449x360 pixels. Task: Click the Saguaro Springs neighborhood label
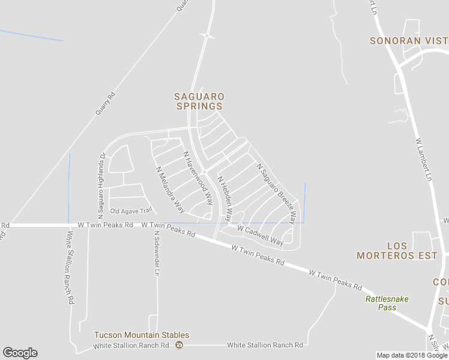pyautogui.click(x=199, y=101)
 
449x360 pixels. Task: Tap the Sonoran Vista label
pyautogui.click(x=409, y=41)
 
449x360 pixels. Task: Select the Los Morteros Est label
pyautogui.click(x=397, y=251)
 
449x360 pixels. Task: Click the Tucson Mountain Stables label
pyautogui.click(x=142, y=335)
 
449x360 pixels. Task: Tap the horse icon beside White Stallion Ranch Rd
pyautogui.click(x=179, y=345)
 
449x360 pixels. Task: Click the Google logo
pyautogui.click(x=20, y=353)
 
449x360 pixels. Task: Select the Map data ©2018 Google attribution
pyautogui.click(x=412, y=355)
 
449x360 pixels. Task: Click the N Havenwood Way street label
pyautogui.click(x=198, y=178)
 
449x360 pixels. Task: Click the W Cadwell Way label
pyautogui.click(x=260, y=235)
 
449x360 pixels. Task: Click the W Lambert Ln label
pyautogui.click(x=424, y=160)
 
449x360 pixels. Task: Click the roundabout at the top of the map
pyautogui.click(x=207, y=36)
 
